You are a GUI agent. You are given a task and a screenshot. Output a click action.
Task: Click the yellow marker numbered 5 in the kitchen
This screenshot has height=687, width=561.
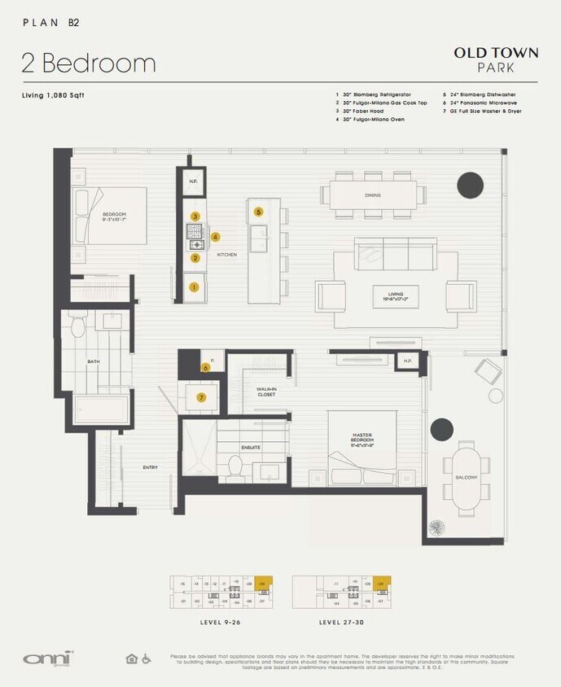click(x=259, y=212)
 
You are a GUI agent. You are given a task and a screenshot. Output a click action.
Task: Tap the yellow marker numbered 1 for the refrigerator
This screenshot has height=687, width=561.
click(x=195, y=287)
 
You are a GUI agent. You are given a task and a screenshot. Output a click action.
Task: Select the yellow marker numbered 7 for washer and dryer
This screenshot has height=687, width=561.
click(x=201, y=397)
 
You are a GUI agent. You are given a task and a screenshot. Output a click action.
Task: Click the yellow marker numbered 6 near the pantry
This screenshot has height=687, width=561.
click(x=206, y=367)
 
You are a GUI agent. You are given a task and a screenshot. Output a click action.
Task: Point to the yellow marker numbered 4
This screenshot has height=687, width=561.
click(x=215, y=237)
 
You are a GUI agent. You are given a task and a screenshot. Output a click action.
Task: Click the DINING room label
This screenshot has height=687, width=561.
click(x=373, y=195)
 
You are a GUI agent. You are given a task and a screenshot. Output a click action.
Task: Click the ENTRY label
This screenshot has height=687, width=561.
click(x=150, y=467)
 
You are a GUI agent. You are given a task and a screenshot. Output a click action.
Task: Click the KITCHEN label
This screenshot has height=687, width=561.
click(x=227, y=255)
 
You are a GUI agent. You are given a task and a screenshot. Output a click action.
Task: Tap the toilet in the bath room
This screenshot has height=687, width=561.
click(x=79, y=327)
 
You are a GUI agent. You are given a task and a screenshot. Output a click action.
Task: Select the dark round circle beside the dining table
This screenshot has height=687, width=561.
click(x=470, y=186)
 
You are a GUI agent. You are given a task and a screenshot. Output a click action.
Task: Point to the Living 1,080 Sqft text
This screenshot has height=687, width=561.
click(x=53, y=96)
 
